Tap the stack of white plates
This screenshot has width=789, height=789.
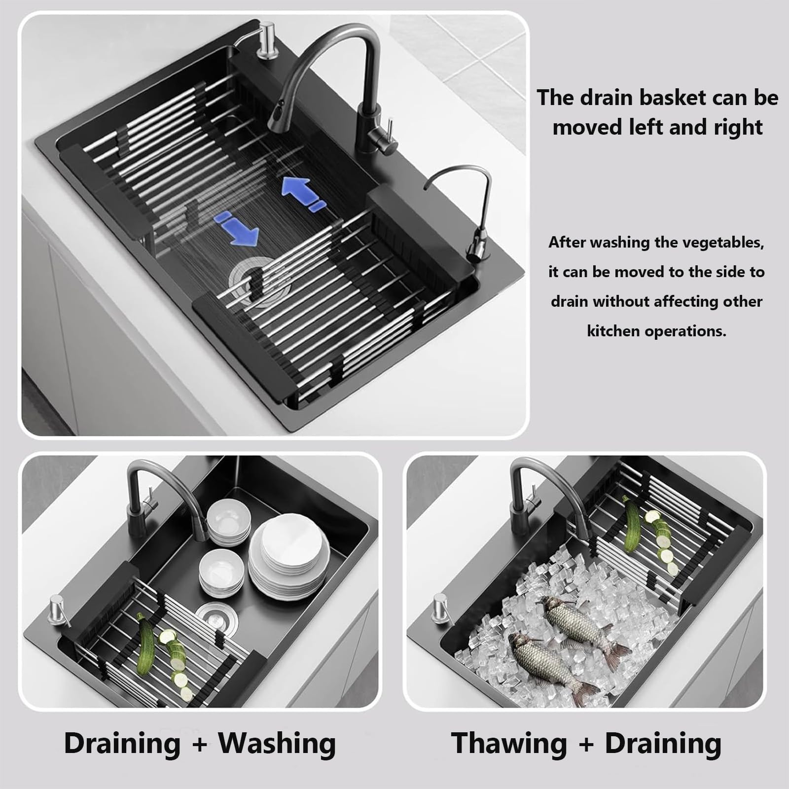[x=289, y=554]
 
